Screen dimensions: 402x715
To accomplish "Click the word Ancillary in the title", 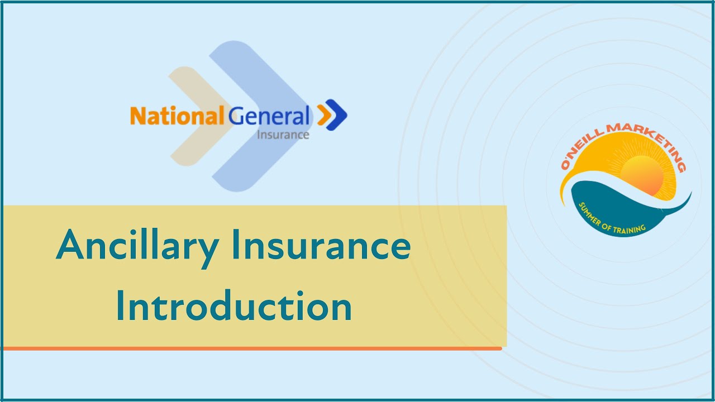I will click(x=136, y=246).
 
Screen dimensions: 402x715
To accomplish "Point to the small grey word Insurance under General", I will click(x=283, y=135).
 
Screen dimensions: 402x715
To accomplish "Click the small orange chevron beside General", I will click(x=323, y=115).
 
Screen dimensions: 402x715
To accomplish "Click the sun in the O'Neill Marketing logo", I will click(x=642, y=173).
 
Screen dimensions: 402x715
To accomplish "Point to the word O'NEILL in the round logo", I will click(x=581, y=150).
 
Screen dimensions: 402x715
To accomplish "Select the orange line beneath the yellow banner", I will click(x=251, y=348).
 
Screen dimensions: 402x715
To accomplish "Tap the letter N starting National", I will click(x=137, y=117).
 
